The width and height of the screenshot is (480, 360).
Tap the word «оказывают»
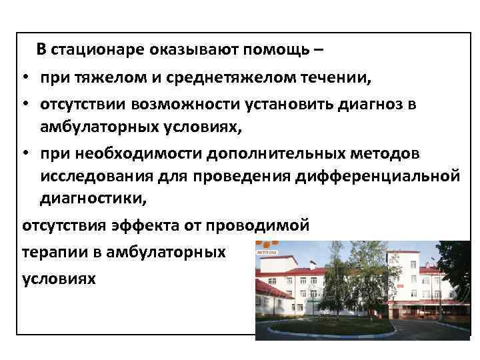[x=168, y=50]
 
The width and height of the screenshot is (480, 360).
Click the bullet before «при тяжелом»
[x=23, y=79]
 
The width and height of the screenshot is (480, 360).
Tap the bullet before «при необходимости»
[x=23, y=154]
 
